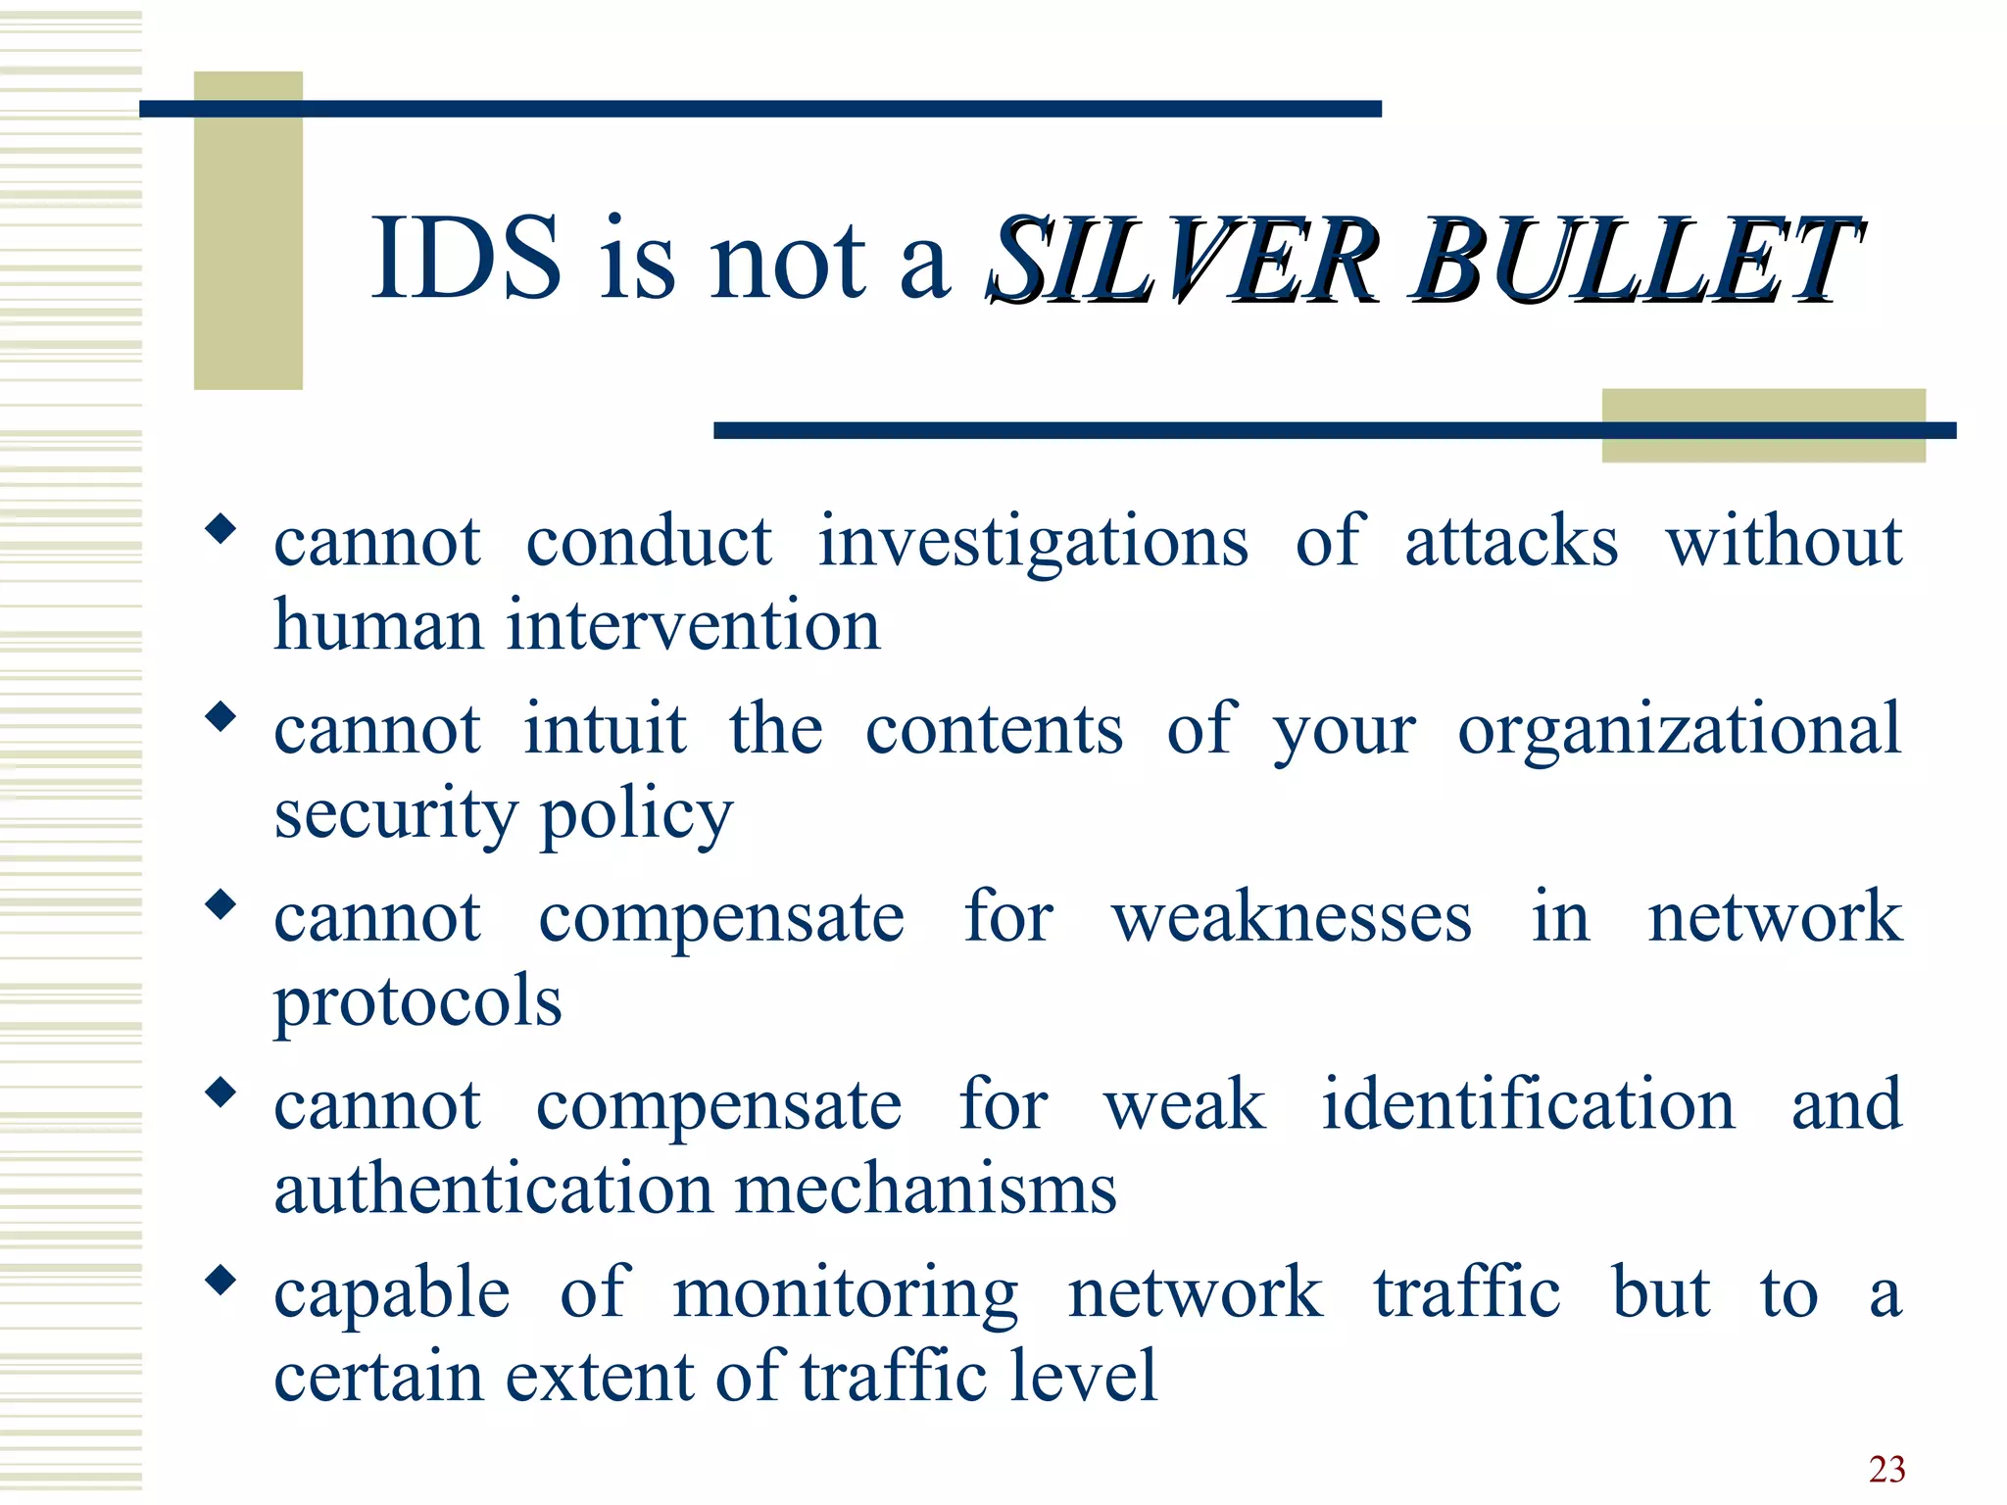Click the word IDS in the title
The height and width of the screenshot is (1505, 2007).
[x=466, y=258]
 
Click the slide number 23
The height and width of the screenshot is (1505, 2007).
[x=1886, y=1469]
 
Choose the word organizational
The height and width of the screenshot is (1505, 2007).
[x=1679, y=731]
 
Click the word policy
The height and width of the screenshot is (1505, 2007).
[x=636, y=815]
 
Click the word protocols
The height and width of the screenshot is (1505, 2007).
[x=418, y=1003]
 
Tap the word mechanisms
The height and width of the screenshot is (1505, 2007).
[x=925, y=1189]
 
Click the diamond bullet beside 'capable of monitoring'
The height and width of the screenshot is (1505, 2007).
[x=221, y=1279]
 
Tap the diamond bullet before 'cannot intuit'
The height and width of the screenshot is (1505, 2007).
[x=221, y=716]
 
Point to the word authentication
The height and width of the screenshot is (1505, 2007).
[x=492, y=1189]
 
